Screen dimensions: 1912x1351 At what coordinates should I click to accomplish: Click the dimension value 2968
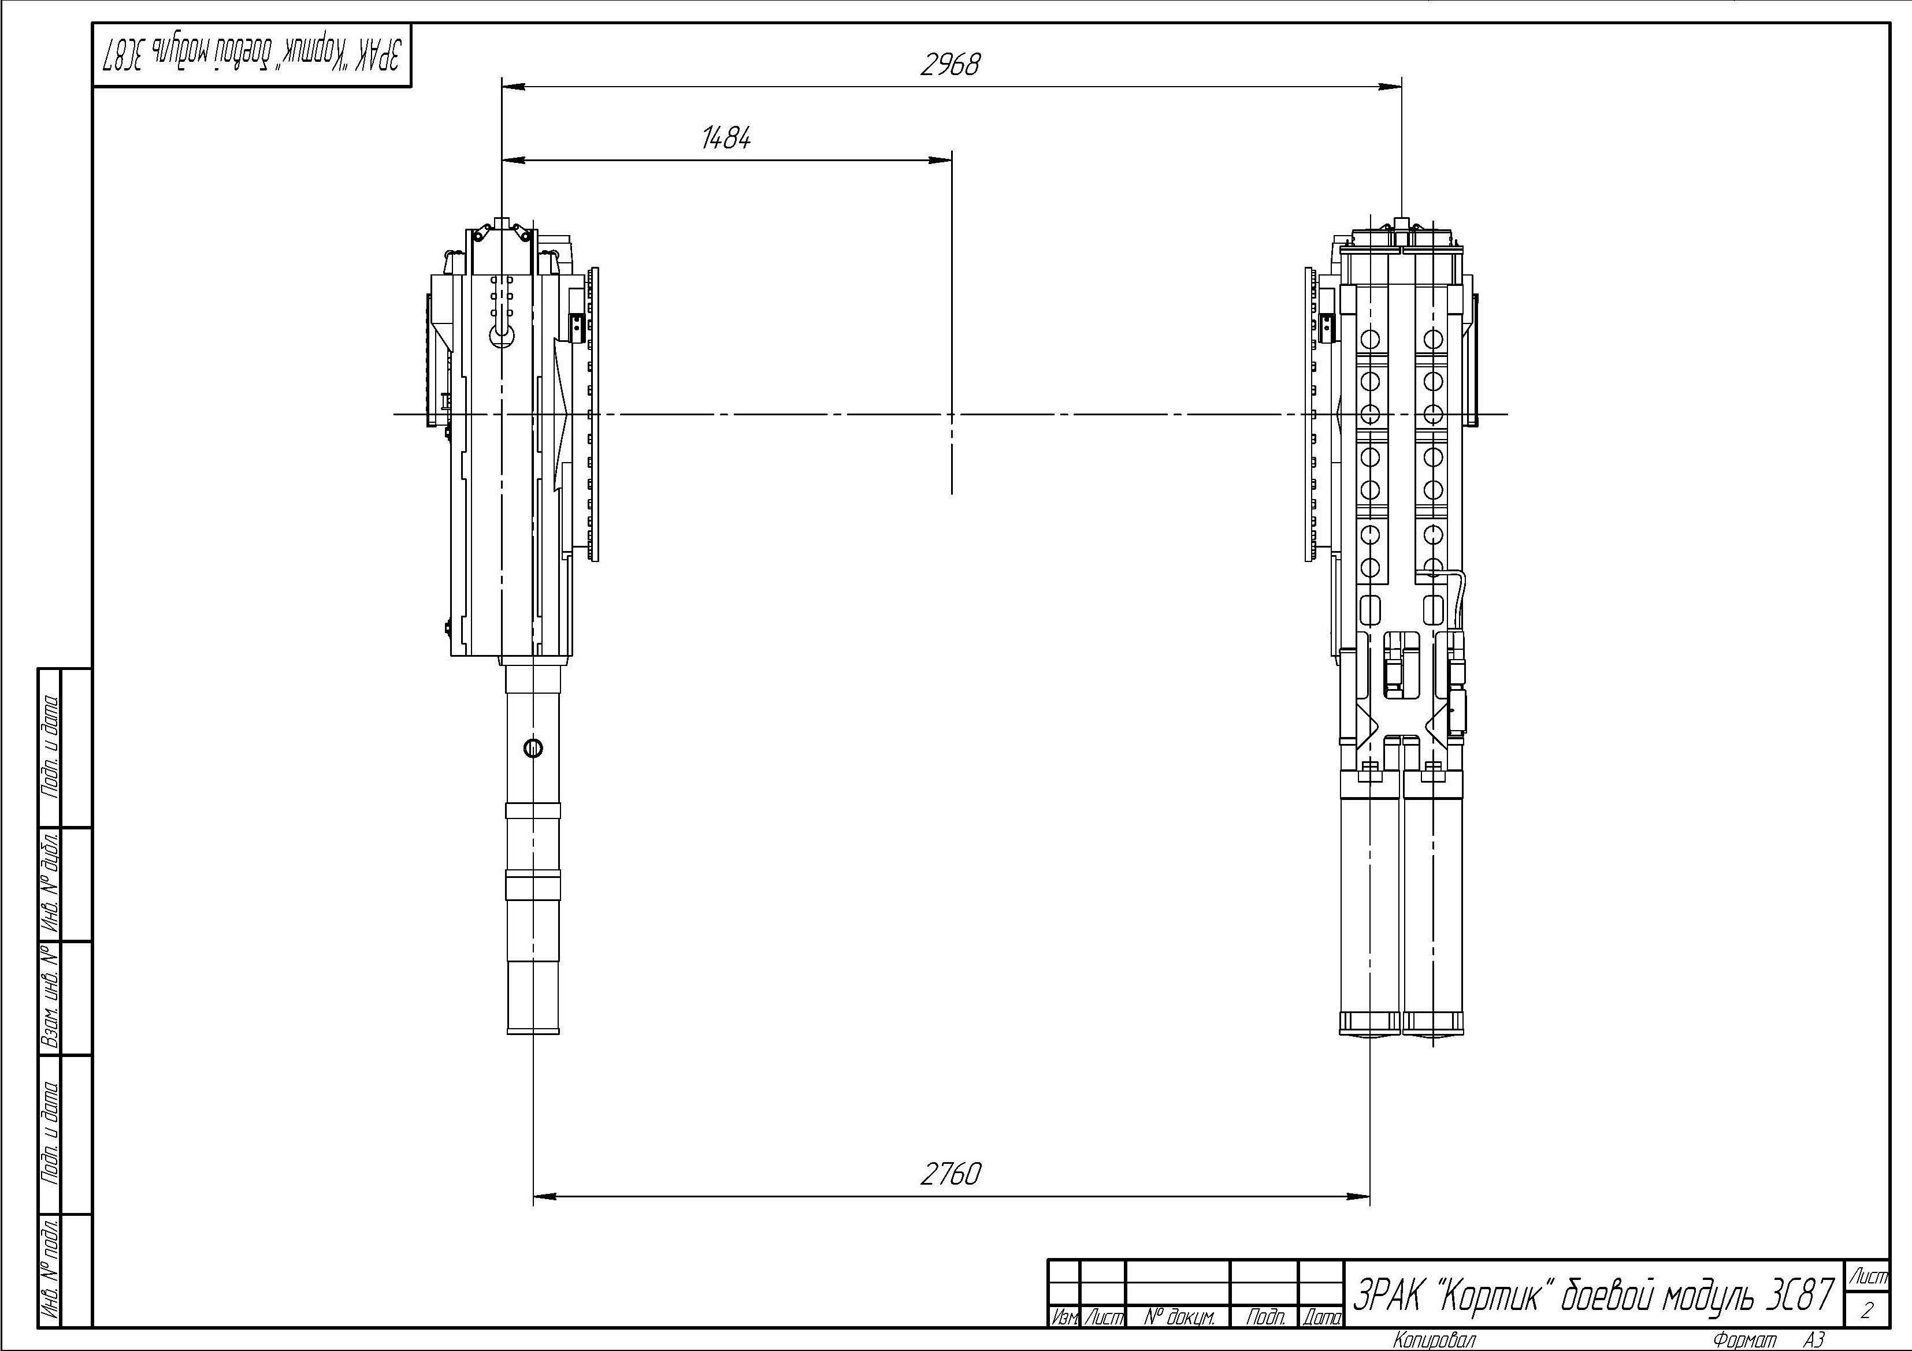[950, 64]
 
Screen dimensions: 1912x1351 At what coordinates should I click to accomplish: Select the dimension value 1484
[726, 138]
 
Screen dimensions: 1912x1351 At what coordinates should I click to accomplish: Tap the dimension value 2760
[951, 1174]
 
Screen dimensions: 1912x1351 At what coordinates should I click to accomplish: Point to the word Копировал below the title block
[1433, 1339]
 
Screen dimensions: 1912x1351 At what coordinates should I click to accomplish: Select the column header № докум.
[1179, 1317]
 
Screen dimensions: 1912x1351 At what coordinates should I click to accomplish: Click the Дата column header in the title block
[1321, 1317]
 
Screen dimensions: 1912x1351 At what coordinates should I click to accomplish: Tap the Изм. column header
[1063, 1317]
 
